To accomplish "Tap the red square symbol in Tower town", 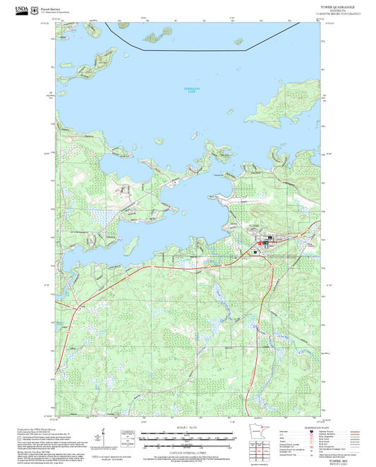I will (260, 243).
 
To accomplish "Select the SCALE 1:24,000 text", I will (187, 428).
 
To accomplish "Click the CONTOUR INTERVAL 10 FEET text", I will (187, 449).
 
